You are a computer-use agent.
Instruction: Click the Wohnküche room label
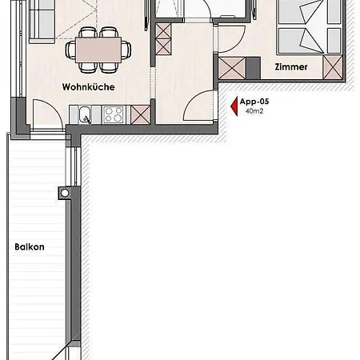88,87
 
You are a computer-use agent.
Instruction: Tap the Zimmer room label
291,66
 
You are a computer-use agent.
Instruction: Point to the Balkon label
30,246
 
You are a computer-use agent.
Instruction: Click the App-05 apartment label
254,102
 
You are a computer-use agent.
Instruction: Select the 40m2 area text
254,111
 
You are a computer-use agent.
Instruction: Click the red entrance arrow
234,106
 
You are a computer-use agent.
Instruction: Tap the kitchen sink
85,115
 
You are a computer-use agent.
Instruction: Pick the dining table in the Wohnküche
98,50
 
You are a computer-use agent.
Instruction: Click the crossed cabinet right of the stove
141,114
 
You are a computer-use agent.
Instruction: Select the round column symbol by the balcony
65,193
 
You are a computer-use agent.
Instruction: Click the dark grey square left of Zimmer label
253,68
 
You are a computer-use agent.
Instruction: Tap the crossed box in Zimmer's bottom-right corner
333,67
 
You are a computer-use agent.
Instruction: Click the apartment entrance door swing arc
194,98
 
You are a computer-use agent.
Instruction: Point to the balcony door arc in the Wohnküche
52,106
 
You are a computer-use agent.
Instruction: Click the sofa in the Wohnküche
42,22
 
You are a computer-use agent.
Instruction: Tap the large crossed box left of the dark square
232,69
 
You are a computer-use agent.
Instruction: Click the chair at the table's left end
70,50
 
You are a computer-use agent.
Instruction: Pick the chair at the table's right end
126,50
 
